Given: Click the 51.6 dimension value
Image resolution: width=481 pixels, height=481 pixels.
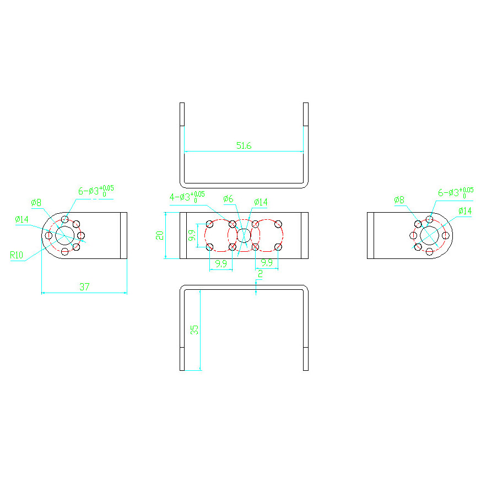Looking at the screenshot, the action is (x=244, y=145).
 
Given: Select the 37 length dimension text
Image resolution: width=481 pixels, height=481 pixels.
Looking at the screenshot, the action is (x=84, y=287).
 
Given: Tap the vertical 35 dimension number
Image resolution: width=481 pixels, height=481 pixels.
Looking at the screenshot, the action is (x=194, y=330).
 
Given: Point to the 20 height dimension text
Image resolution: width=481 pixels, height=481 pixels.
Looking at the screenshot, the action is (x=160, y=235).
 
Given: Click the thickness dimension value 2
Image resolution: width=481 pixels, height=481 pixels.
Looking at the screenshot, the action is (x=261, y=274).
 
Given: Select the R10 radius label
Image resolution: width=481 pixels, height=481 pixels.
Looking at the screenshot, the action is (x=17, y=255).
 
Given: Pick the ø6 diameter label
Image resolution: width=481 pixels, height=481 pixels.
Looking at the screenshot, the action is (x=229, y=199).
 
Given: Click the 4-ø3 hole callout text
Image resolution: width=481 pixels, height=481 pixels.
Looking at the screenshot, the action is (x=187, y=197).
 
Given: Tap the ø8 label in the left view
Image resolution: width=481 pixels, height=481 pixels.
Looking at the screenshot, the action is (x=36, y=202).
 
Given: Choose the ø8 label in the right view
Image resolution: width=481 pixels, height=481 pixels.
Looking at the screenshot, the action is (x=399, y=200).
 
